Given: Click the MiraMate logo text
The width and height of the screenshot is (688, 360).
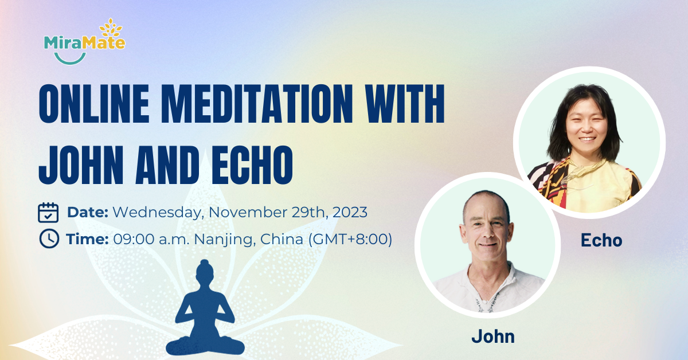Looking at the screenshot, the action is (x=84, y=43).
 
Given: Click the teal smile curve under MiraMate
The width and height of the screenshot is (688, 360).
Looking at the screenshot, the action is (x=70, y=58).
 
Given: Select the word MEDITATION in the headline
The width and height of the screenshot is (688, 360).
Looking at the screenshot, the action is (x=261, y=104).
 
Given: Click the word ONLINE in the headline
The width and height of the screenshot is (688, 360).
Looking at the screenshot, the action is (x=94, y=104).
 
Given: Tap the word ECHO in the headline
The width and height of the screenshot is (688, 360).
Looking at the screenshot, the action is (x=252, y=165).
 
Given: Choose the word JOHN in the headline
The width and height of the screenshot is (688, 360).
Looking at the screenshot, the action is (x=81, y=165).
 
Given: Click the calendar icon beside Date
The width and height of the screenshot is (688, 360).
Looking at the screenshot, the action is (x=48, y=212).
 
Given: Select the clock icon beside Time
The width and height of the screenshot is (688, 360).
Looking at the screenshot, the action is (x=49, y=238).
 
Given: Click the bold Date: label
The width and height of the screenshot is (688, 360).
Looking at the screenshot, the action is (x=88, y=212).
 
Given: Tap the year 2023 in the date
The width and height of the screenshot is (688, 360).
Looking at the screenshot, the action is (x=350, y=212).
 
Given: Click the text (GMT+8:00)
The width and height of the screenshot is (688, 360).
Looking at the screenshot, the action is (x=350, y=239).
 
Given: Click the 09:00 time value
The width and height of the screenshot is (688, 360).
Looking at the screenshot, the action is (x=134, y=239).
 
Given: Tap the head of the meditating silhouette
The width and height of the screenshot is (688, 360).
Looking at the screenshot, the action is (x=205, y=271).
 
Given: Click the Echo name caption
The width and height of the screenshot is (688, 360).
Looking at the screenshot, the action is (x=601, y=240).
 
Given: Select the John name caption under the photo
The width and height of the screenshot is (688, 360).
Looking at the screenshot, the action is (x=493, y=336).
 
